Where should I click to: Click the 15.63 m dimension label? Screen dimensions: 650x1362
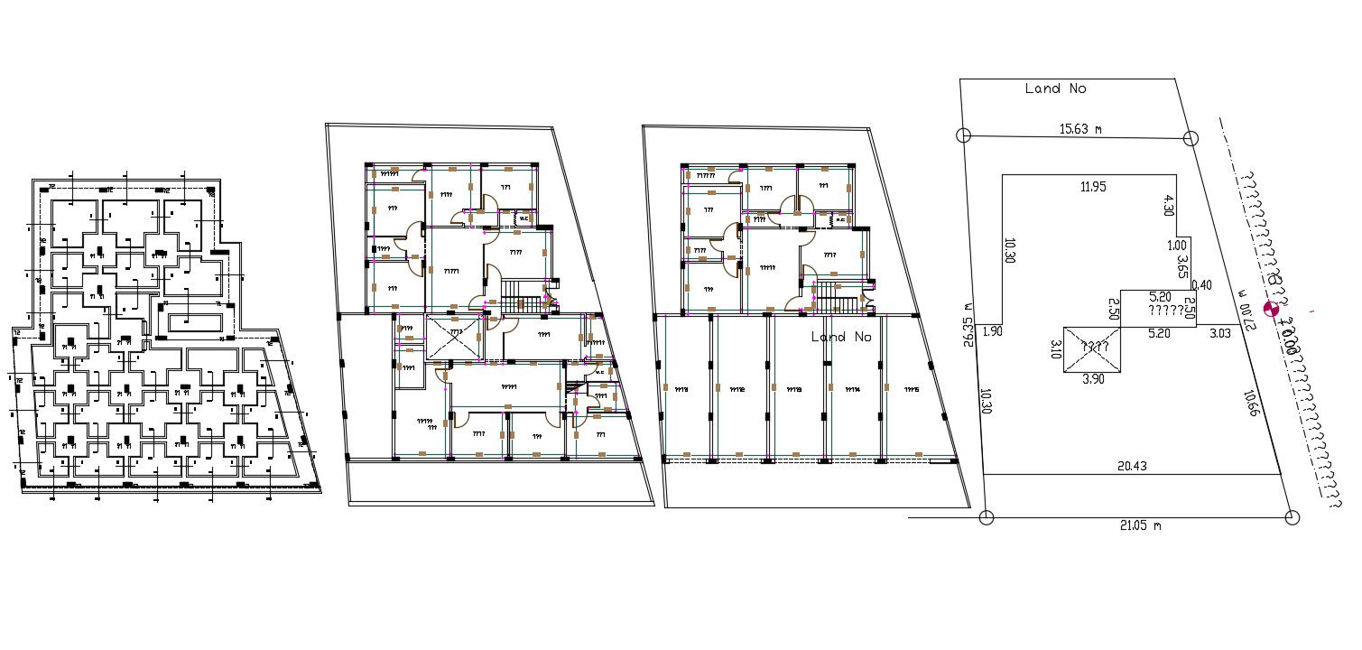(x=1080, y=129)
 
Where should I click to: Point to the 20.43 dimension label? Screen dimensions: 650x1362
(x=1132, y=466)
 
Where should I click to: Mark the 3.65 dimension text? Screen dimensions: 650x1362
(x=1181, y=266)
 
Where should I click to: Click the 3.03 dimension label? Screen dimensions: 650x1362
(x=1219, y=334)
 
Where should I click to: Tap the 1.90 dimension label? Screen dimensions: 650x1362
(x=993, y=331)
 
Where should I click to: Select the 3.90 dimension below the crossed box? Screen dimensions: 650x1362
(x=1093, y=379)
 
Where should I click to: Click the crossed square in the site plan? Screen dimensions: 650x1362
(x=1093, y=348)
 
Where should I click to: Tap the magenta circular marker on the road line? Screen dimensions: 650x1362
(x=1274, y=311)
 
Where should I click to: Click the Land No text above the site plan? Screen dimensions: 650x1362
(x=1055, y=88)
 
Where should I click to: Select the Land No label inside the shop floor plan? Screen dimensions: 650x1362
(x=840, y=337)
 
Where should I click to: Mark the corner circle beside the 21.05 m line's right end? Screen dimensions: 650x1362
(x=1292, y=517)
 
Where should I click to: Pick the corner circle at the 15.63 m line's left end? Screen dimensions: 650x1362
(x=963, y=135)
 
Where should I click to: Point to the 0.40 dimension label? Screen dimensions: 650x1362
(x=1204, y=286)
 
